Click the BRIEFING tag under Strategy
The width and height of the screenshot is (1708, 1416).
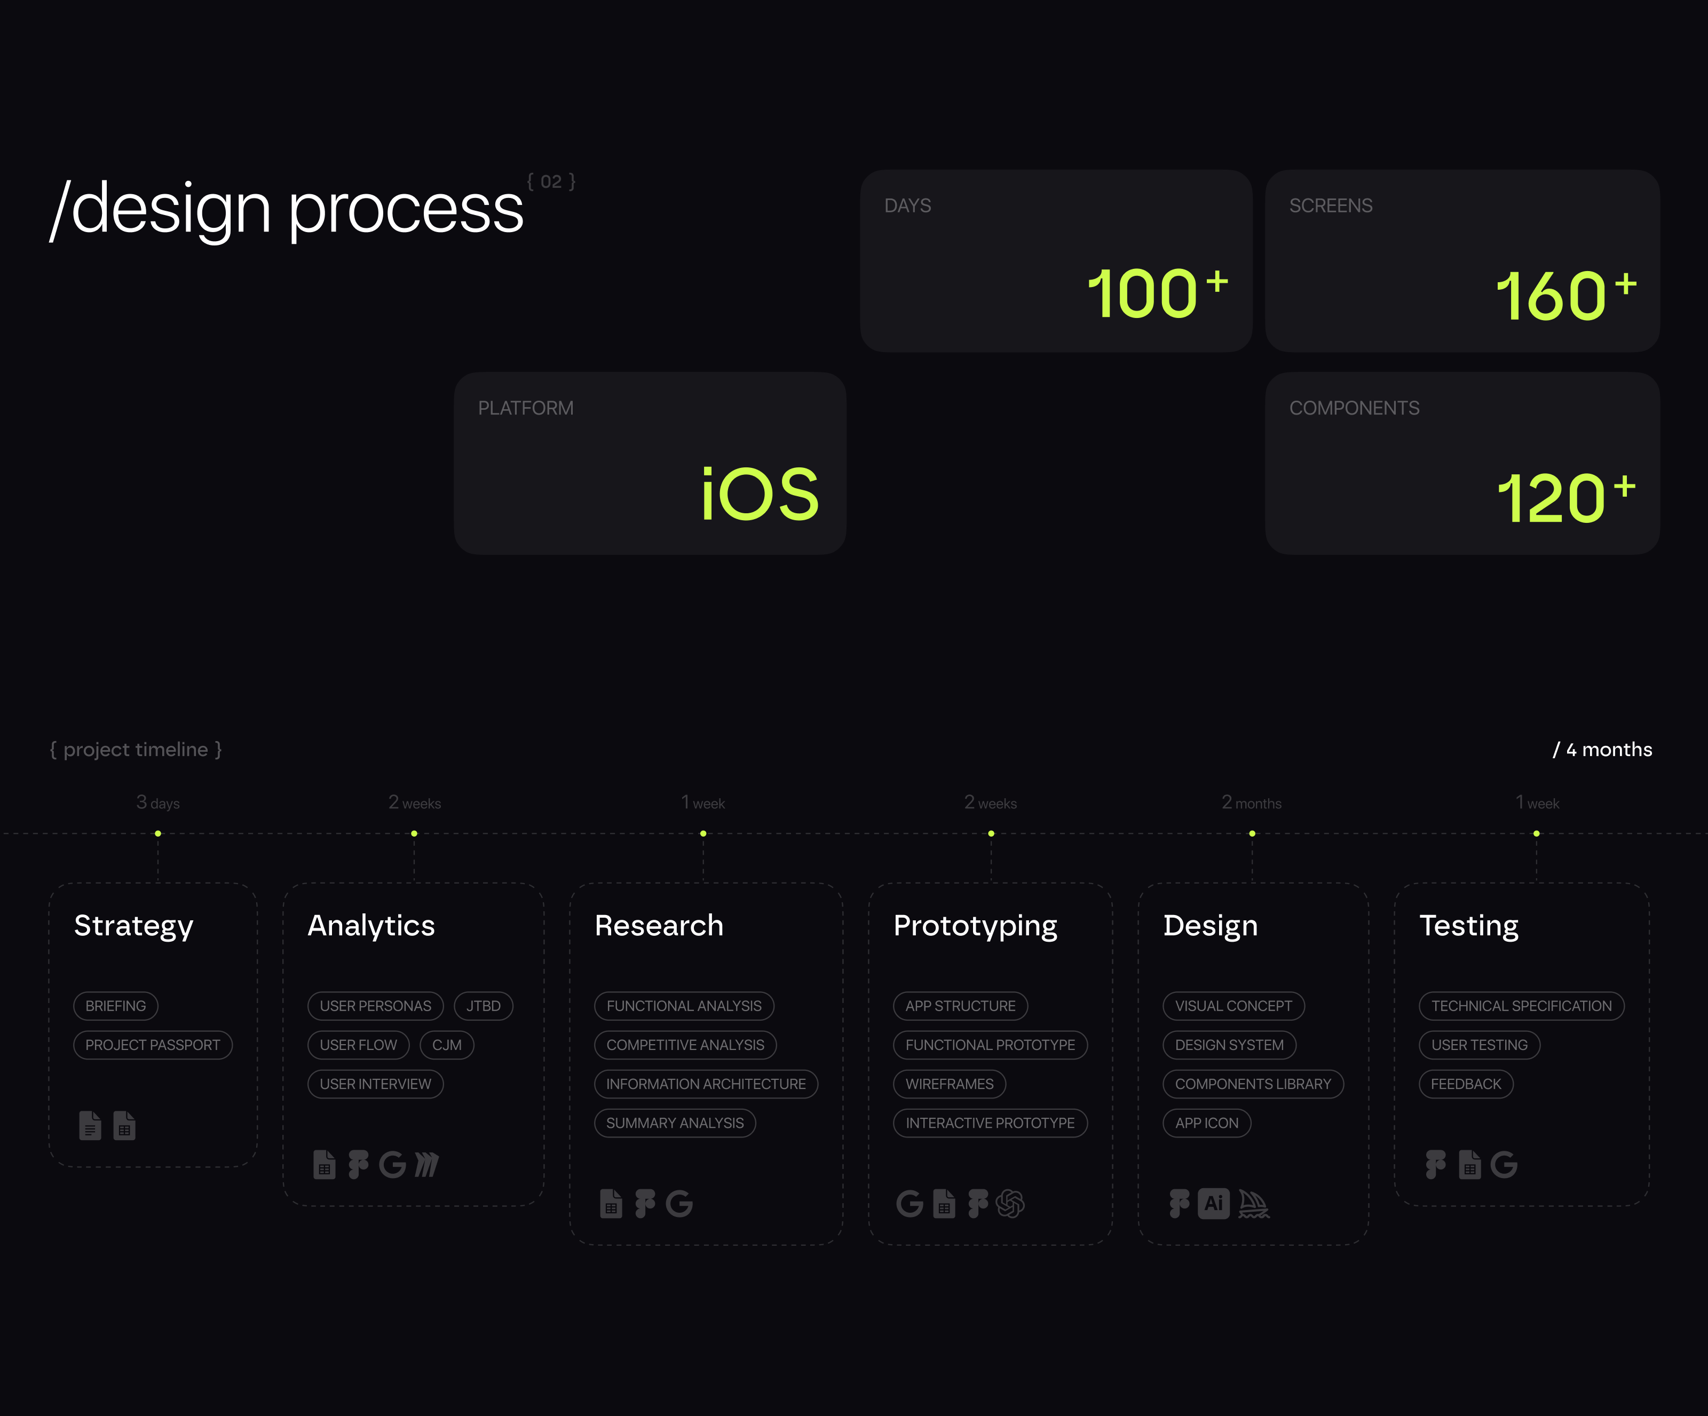[x=115, y=1006]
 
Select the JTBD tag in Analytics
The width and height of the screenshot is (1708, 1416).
[x=483, y=1006]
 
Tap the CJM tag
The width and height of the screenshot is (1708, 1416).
[x=447, y=1045]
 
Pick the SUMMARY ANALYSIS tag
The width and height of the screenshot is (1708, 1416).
[x=675, y=1123]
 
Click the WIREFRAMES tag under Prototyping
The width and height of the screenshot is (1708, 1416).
[x=949, y=1084]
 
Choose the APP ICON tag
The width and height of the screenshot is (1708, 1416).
[x=1207, y=1123]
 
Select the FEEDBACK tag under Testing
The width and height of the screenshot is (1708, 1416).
[x=1466, y=1084]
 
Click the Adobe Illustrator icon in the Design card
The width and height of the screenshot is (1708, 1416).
[x=1214, y=1203]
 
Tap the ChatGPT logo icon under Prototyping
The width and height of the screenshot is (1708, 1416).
[x=1010, y=1204]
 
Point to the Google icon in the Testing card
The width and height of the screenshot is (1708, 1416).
[x=1504, y=1165]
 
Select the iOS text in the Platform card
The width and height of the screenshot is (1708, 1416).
[x=760, y=494]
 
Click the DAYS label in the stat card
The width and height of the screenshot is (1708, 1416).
[x=908, y=205]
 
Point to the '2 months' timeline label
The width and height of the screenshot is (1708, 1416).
[x=1251, y=802]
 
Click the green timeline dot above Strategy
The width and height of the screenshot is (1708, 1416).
[x=158, y=833]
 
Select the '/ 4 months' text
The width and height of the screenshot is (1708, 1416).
[x=1602, y=750]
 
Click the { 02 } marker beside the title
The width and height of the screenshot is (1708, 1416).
[x=551, y=181]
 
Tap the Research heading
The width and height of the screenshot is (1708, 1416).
[x=659, y=925]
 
